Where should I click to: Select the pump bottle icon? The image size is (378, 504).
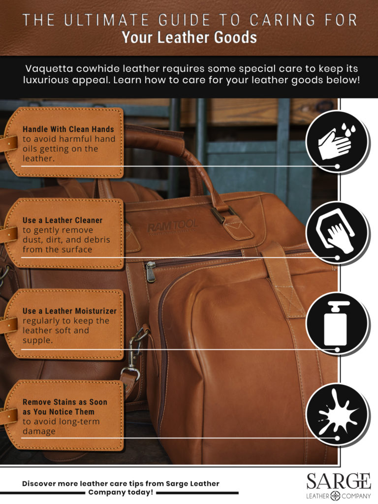pos(336,323)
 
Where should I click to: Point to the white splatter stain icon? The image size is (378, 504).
pos(336,413)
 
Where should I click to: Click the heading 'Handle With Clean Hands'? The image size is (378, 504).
pos(68,129)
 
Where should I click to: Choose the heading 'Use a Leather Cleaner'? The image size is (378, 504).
pos(63,220)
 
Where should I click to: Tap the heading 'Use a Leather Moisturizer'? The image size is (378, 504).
pos(69,311)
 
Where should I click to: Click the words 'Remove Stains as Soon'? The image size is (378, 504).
pos(65,402)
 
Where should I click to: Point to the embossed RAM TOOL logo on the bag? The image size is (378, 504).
pos(172,226)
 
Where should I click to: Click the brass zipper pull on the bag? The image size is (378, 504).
pos(150,272)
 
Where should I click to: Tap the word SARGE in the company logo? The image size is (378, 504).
pos(339,481)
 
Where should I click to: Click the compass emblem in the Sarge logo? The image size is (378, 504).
pos(335,496)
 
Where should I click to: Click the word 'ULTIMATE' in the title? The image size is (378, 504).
pos(106,20)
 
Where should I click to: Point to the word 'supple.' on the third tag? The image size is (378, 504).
pos(37,341)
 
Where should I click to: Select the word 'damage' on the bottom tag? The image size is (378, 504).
pos(39,431)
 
